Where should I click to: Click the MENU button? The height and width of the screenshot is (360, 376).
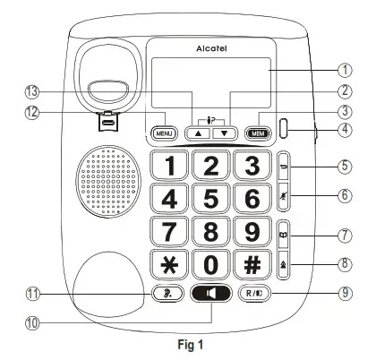click(x=164, y=133)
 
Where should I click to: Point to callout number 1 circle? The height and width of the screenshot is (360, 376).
click(x=344, y=70)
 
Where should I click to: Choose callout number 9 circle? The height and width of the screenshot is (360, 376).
click(x=344, y=292)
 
